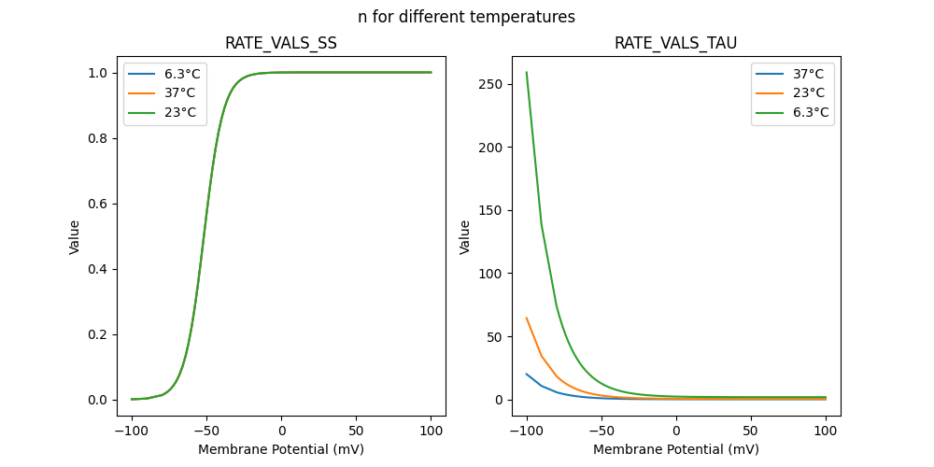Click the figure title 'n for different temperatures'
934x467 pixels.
pos(466,17)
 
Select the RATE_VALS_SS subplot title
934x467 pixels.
pos(281,43)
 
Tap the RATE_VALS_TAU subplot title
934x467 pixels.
pos(675,43)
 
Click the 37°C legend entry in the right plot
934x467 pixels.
pos(807,74)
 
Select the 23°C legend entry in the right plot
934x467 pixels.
pos(807,93)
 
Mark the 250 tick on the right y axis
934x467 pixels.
pos(490,84)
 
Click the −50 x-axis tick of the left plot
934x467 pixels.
pos(206,432)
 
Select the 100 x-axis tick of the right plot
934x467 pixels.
pos(826,432)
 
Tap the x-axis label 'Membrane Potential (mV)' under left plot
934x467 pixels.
pos(281,449)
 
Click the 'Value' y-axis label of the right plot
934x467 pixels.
pos(464,237)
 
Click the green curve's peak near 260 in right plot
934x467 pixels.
pos(527,73)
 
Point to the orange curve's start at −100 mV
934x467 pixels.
pos(527,318)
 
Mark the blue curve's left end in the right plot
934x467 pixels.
pos(527,375)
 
